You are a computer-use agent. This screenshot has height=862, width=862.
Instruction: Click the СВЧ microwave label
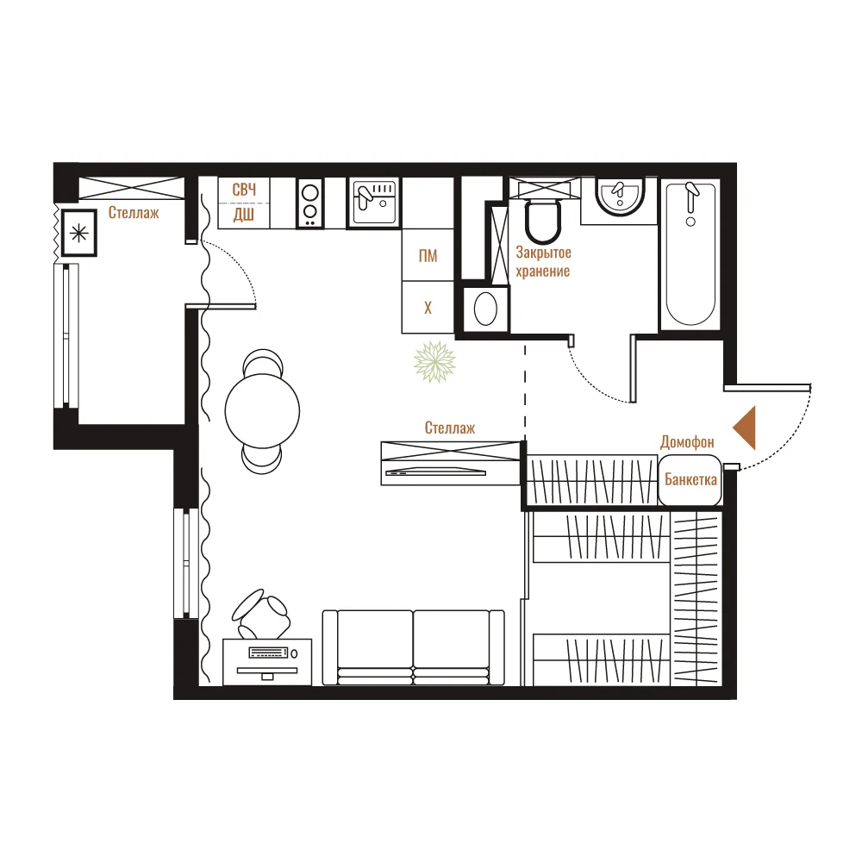click(244, 190)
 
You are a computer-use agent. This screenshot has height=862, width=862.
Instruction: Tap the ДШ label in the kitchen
click(244, 215)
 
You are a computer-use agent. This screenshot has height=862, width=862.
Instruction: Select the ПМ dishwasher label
click(428, 256)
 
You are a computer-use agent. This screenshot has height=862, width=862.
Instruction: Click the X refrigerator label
click(428, 308)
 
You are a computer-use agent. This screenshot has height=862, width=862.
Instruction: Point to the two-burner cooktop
click(310, 203)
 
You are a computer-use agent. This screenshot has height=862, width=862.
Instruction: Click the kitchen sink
click(374, 203)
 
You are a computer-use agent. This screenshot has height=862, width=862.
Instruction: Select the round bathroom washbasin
click(620, 197)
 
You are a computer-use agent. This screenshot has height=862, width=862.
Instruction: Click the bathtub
click(690, 254)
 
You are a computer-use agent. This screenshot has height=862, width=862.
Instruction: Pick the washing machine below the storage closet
click(485, 309)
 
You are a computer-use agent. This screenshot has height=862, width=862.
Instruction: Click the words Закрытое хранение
click(543, 262)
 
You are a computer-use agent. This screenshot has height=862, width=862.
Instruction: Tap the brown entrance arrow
click(745, 428)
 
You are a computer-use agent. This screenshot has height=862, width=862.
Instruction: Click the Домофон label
click(687, 442)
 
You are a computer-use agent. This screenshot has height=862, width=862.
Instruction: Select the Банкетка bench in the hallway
click(690, 480)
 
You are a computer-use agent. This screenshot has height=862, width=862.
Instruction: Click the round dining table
click(262, 410)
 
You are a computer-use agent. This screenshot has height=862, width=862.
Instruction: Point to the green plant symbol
click(434, 362)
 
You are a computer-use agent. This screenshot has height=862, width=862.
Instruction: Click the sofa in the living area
click(414, 647)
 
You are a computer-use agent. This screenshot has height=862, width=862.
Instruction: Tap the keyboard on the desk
click(269, 653)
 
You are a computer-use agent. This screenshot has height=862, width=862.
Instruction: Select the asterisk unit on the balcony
click(79, 233)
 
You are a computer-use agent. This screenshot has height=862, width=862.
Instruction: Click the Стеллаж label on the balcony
click(134, 213)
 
